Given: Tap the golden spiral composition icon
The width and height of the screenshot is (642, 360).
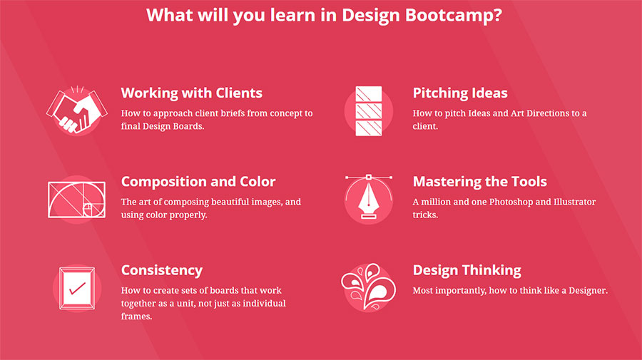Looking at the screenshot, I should (76, 200).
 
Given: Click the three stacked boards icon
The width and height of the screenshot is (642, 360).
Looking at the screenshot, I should (368, 110).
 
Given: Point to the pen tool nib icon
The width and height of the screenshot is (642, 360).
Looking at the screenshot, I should (368, 199).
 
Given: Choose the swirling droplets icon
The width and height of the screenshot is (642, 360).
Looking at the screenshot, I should (368, 287).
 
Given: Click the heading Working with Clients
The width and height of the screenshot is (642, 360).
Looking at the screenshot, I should (191, 93).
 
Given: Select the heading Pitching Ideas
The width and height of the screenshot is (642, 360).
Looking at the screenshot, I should (460, 93).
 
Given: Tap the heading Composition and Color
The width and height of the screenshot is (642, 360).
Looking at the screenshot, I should (198, 182).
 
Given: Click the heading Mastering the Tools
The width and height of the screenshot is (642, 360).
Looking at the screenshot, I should (479, 182).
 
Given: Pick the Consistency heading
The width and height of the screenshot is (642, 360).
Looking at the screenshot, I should (161, 270).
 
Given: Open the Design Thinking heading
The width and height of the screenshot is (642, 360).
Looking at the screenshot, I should (467, 270).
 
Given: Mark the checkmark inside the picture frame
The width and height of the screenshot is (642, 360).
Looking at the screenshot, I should (77, 289).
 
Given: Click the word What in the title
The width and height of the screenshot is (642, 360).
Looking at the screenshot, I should (168, 16).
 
